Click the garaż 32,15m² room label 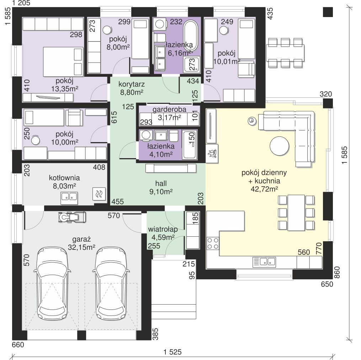pyautogui.click(x=81, y=243)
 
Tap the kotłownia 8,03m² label pyautogui.click(x=64, y=182)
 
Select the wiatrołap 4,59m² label pyautogui.click(x=163, y=233)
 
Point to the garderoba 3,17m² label pyautogui.click(x=169, y=113)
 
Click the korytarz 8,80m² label pyautogui.click(x=132, y=88)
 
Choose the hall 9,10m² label pyautogui.click(x=161, y=187)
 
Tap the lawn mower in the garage pyautogui.click(x=72, y=217)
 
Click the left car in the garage pyautogui.click(x=52, y=283)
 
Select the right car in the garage pyautogui.click(x=111, y=283)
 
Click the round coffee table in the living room pyautogui.click(x=279, y=146)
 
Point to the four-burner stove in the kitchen pyautogui.click(x=213, y=243)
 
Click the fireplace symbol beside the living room pyautogui.click(x=212, y=154)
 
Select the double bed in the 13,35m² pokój pyautogui.click(x=63, y=61)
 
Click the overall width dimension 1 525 pyautogui.click(x=172, y=352)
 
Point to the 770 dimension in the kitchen pyautogui.click(x=319, y=248)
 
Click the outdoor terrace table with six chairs pyautogui.click(x=285, y=53)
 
